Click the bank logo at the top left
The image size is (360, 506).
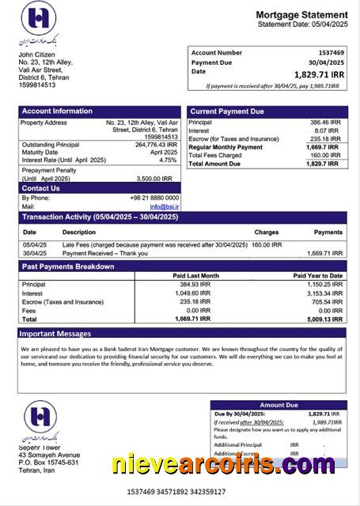[x=40, y=24]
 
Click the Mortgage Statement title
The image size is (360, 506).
[x=301, y=15]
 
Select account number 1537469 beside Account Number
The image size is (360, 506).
[x=328, y=52]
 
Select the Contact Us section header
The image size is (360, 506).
[x=41, y=188]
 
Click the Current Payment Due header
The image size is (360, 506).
[x=228, y=111]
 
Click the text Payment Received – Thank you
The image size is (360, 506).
[x=104, y=253]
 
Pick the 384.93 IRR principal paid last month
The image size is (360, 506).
[x=195, y=284]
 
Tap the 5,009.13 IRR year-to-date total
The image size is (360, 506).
[x=324, y=319]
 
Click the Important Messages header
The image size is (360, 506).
[x=57, y=334]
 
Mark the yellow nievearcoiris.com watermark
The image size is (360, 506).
[x=223, y=464]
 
